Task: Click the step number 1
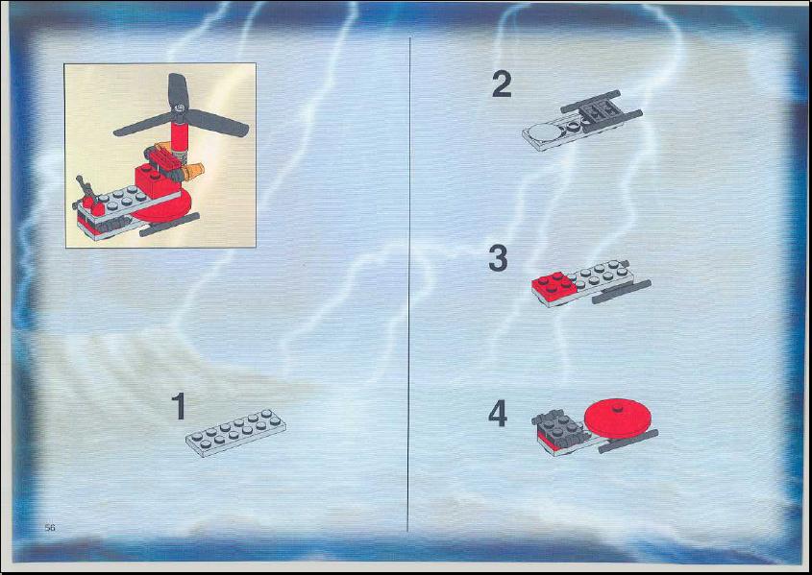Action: coord(179,406)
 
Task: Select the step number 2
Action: coord(502,84)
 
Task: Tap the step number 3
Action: coord(498,258)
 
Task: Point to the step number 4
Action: coord(497,414)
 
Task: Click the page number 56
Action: coord(50,527)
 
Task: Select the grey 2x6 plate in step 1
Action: coord(236,432)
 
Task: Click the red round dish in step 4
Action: coord(617,418)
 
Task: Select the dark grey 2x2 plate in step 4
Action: coord(559,426)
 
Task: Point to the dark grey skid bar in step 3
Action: coord(622,292)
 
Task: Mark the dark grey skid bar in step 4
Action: coord(628,441)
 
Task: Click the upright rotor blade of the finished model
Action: coord(177,90)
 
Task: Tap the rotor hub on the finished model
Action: coord(179,108)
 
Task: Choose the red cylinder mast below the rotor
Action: coord(179,134)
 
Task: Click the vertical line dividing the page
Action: coord(409,284)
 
